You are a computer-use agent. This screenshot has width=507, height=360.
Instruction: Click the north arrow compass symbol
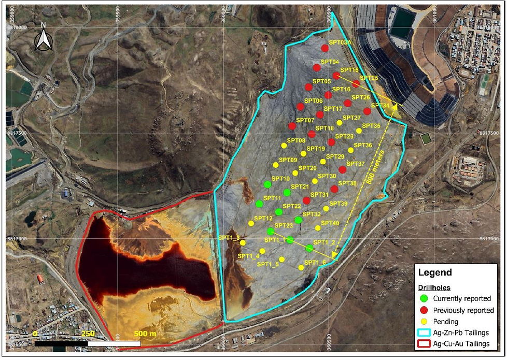tap(43, 39)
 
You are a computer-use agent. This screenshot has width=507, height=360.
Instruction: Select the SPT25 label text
tap(369, 78)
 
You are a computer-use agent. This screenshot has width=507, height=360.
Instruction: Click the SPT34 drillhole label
tap(379, 106)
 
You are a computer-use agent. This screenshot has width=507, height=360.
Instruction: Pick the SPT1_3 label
tap(229, 238)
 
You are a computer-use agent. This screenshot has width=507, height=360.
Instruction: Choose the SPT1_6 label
tap(315, 263)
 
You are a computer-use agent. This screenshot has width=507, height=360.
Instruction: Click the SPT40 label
tap(330, 223)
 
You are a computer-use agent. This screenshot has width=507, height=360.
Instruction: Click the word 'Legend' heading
tap(435, 272)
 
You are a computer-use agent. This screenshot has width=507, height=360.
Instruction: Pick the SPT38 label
tap(347, 183)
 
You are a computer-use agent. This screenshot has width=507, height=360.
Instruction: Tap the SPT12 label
tap(263, 219)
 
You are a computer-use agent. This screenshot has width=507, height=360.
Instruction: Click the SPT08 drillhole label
tap(296, 140)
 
